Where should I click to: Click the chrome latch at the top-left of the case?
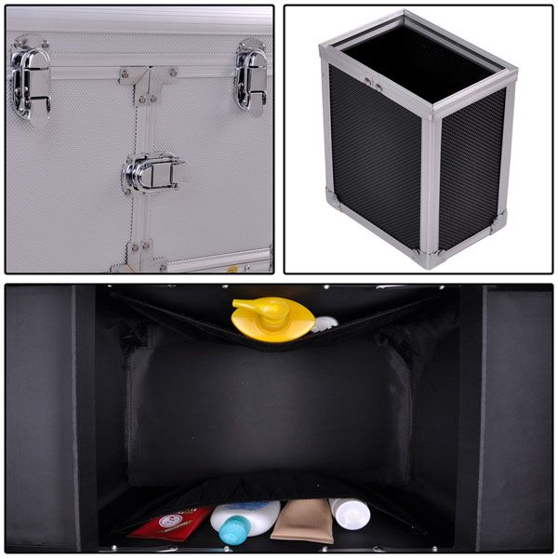pyautogui.click(x=30, y=84)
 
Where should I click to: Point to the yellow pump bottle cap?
pyautogui.click(x=272, y=320)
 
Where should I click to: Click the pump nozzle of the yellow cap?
pyautogui.click(x=247, y=304)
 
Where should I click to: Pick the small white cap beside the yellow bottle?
pyautogui.click(x=324, y=324)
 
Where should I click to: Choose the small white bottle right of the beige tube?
pyautogui.click(x=350, y=513)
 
